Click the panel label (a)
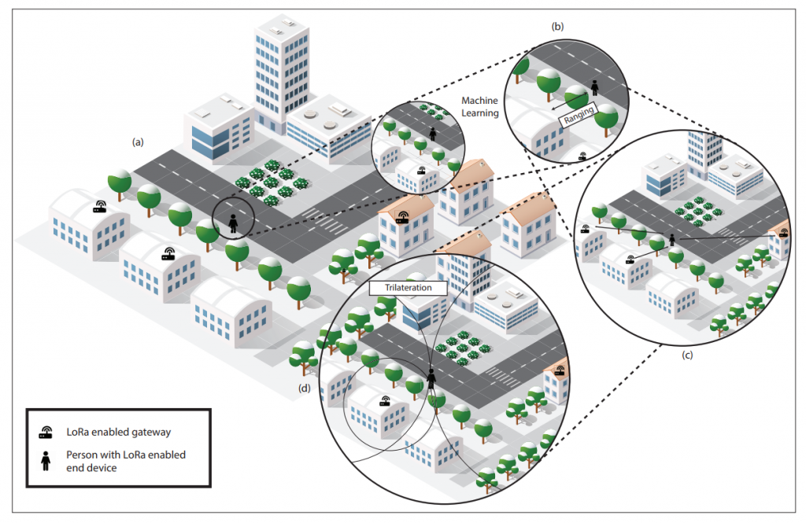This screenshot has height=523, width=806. coord(138,142)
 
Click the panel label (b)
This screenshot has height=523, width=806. coord(557,26)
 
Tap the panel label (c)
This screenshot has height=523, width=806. coord(687,355)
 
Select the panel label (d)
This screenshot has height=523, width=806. coord(305,389)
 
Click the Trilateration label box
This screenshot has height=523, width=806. coord(409,288)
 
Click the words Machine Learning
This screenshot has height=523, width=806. coord(480,107)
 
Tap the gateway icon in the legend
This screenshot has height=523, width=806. coord(46,433)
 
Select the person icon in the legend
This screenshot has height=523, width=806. coord(46,461)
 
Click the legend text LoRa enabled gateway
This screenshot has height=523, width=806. coord(118,432)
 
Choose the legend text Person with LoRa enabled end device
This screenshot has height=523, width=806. coord(125,462)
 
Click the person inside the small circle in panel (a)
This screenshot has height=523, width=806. coord(233,223)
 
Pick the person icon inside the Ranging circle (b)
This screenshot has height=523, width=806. coord(595,88)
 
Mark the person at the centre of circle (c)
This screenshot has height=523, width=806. coord(671,239)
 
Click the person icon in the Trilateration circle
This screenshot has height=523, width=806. coord(431,379)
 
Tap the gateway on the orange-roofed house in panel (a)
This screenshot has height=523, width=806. coord(402,217)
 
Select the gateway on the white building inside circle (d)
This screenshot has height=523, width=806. coord(385,401)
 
